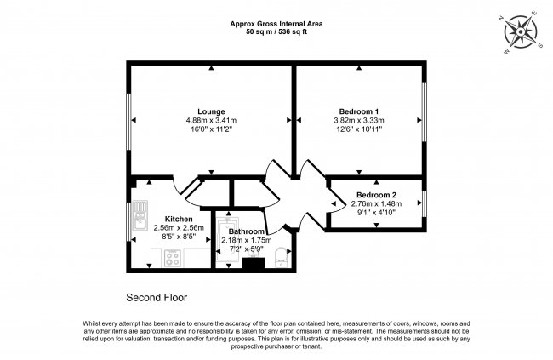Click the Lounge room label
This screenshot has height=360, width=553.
(211, 111)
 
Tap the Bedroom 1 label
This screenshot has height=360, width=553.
(359, 111)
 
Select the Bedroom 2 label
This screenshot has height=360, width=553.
(375, 195)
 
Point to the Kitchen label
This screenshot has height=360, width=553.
(167, 219)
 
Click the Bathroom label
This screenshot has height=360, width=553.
(244, 231)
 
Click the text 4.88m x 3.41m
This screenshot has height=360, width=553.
(211, 121)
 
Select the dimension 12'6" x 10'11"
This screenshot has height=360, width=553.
(359, 130)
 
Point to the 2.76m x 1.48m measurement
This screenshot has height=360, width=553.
(375, 205)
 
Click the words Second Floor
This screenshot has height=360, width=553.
(157, 298)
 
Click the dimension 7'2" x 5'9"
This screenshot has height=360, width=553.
(244, 250)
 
